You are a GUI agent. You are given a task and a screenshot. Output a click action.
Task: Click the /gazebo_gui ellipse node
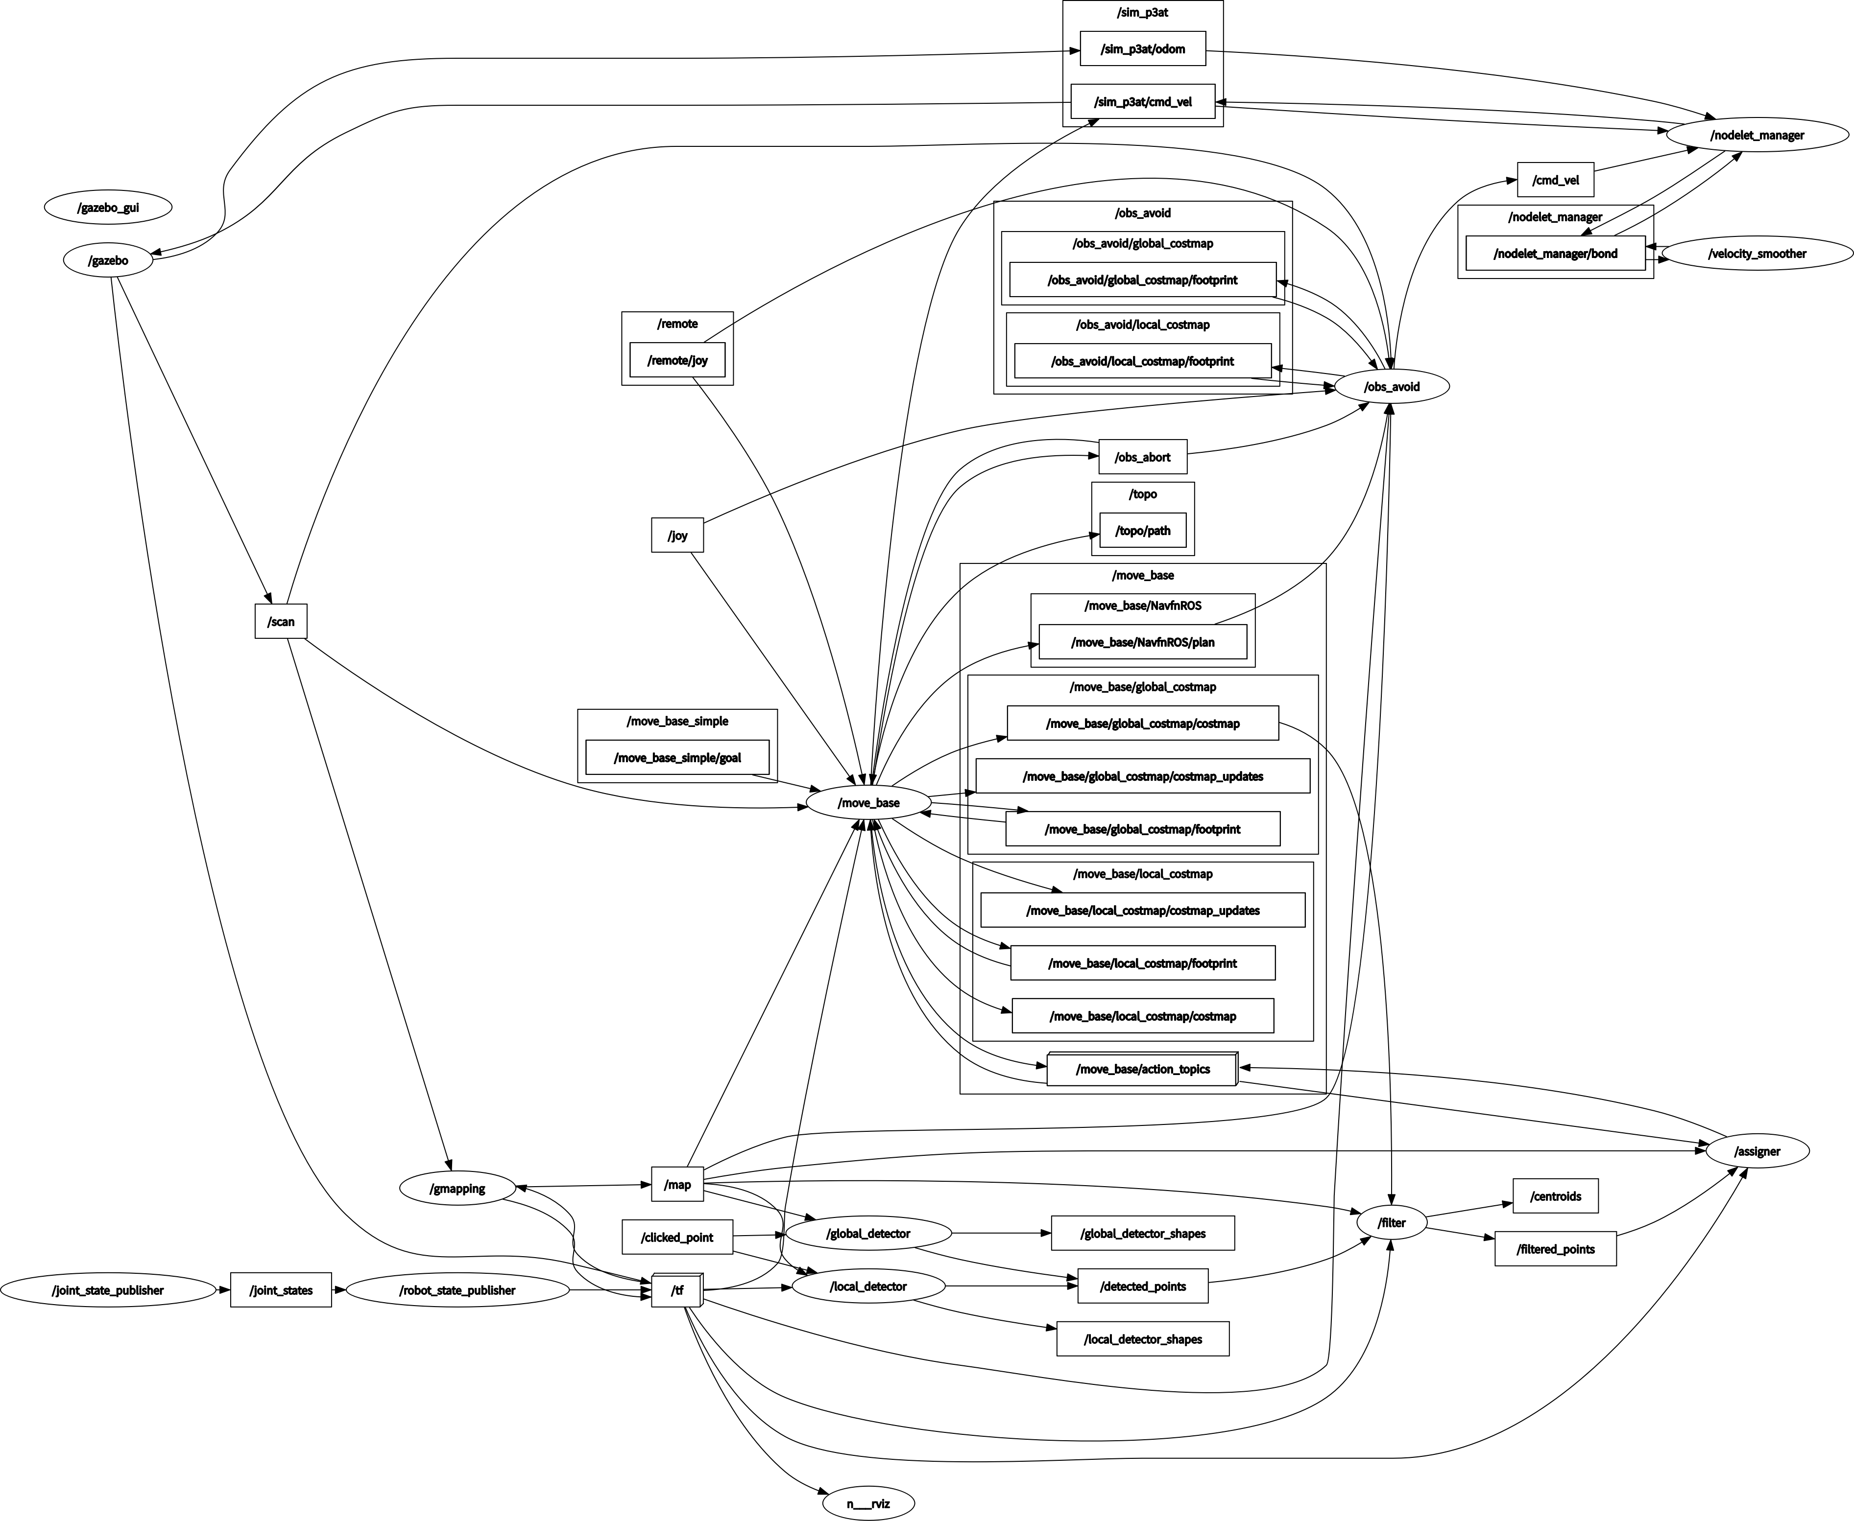coord(108,208)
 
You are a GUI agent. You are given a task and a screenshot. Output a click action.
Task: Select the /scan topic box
coord(281,621)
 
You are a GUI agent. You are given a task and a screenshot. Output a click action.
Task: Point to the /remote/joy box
coord(677,360)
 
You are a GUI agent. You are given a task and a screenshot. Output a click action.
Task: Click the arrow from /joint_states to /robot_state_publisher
coord(339,1290)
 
